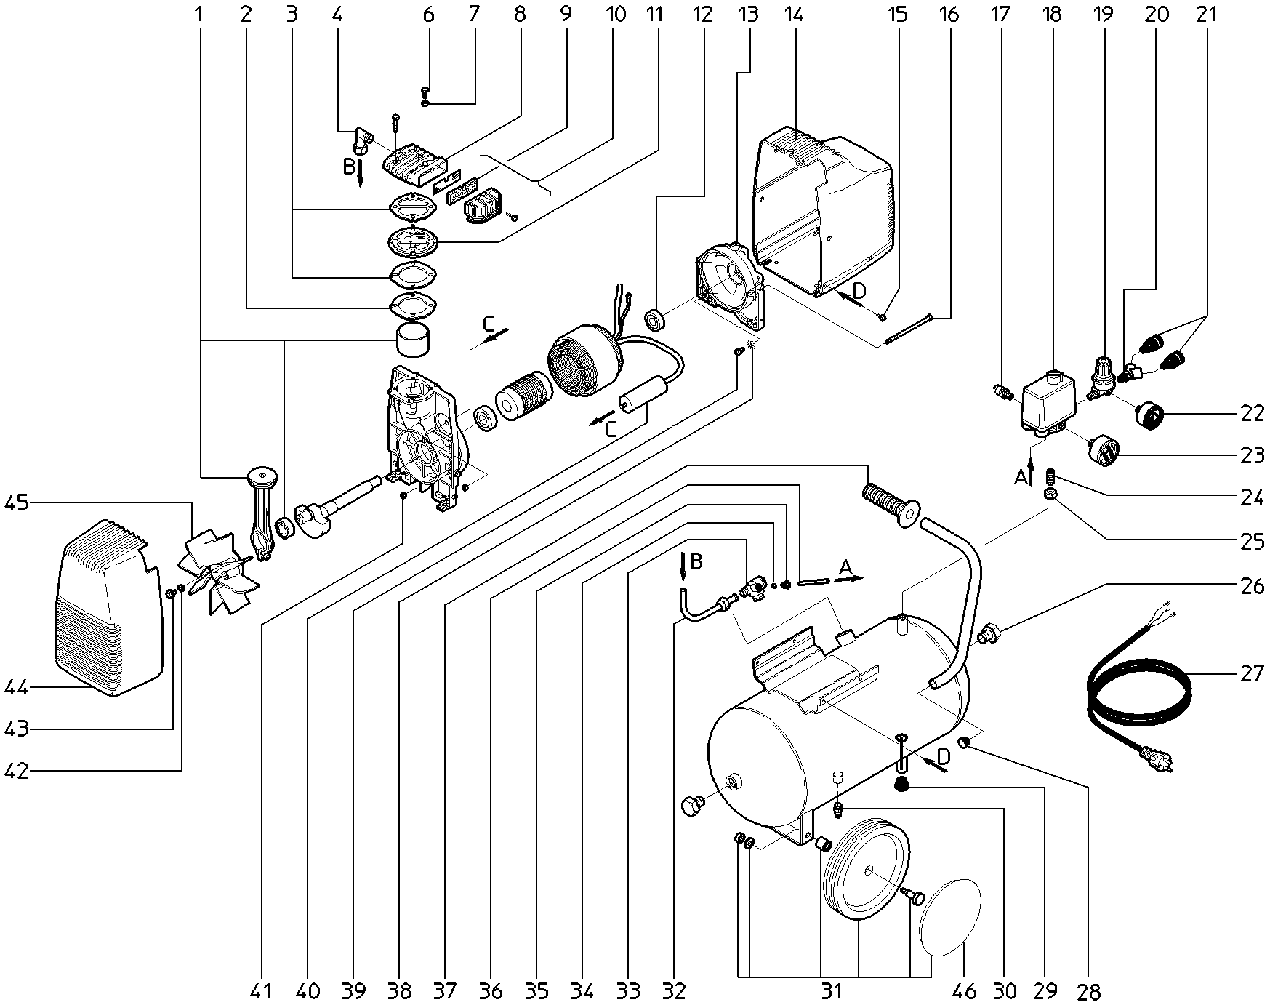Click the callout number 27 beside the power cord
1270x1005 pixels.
point(1252,674)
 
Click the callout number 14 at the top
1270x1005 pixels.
point(794,14)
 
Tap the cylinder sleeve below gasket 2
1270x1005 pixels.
point(412,342)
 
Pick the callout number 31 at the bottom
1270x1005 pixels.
point(832,990)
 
